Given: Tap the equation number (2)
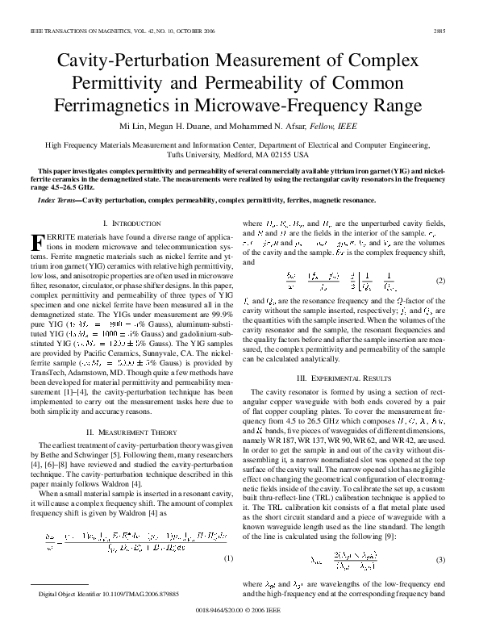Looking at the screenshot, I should (442, 280).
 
